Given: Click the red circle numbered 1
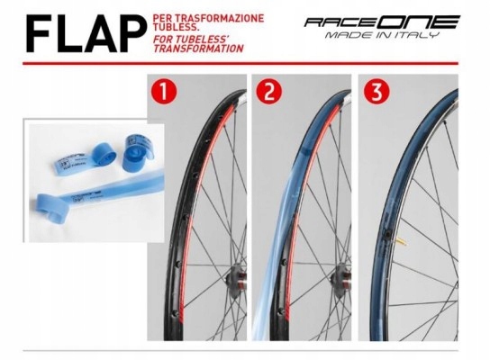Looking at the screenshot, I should click(163, 91).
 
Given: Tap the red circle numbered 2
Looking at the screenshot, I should click(268, 91).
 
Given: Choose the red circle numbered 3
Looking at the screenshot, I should click(374, 91).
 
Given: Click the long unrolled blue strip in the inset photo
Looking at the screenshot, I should click(81, 194).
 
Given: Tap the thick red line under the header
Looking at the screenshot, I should click(245, 66).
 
